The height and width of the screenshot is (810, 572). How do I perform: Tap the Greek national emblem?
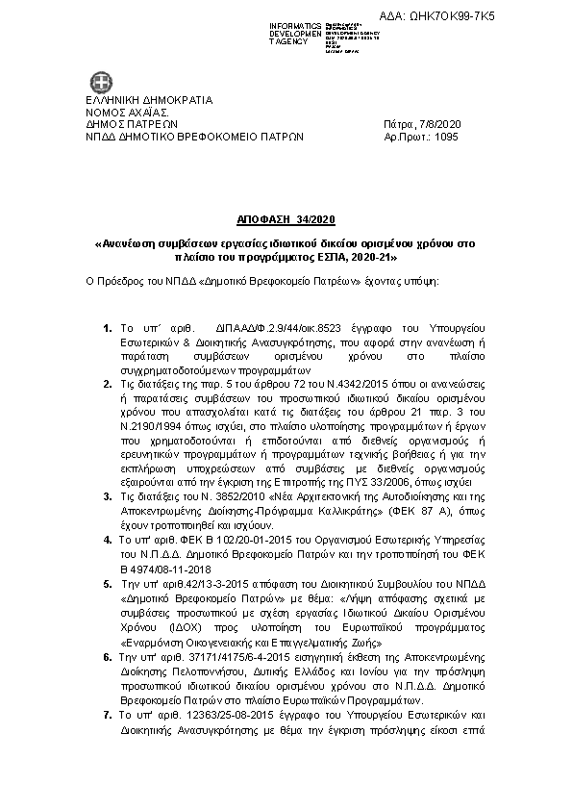click(100, 82)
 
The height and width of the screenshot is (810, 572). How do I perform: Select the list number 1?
click(108, 330)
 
